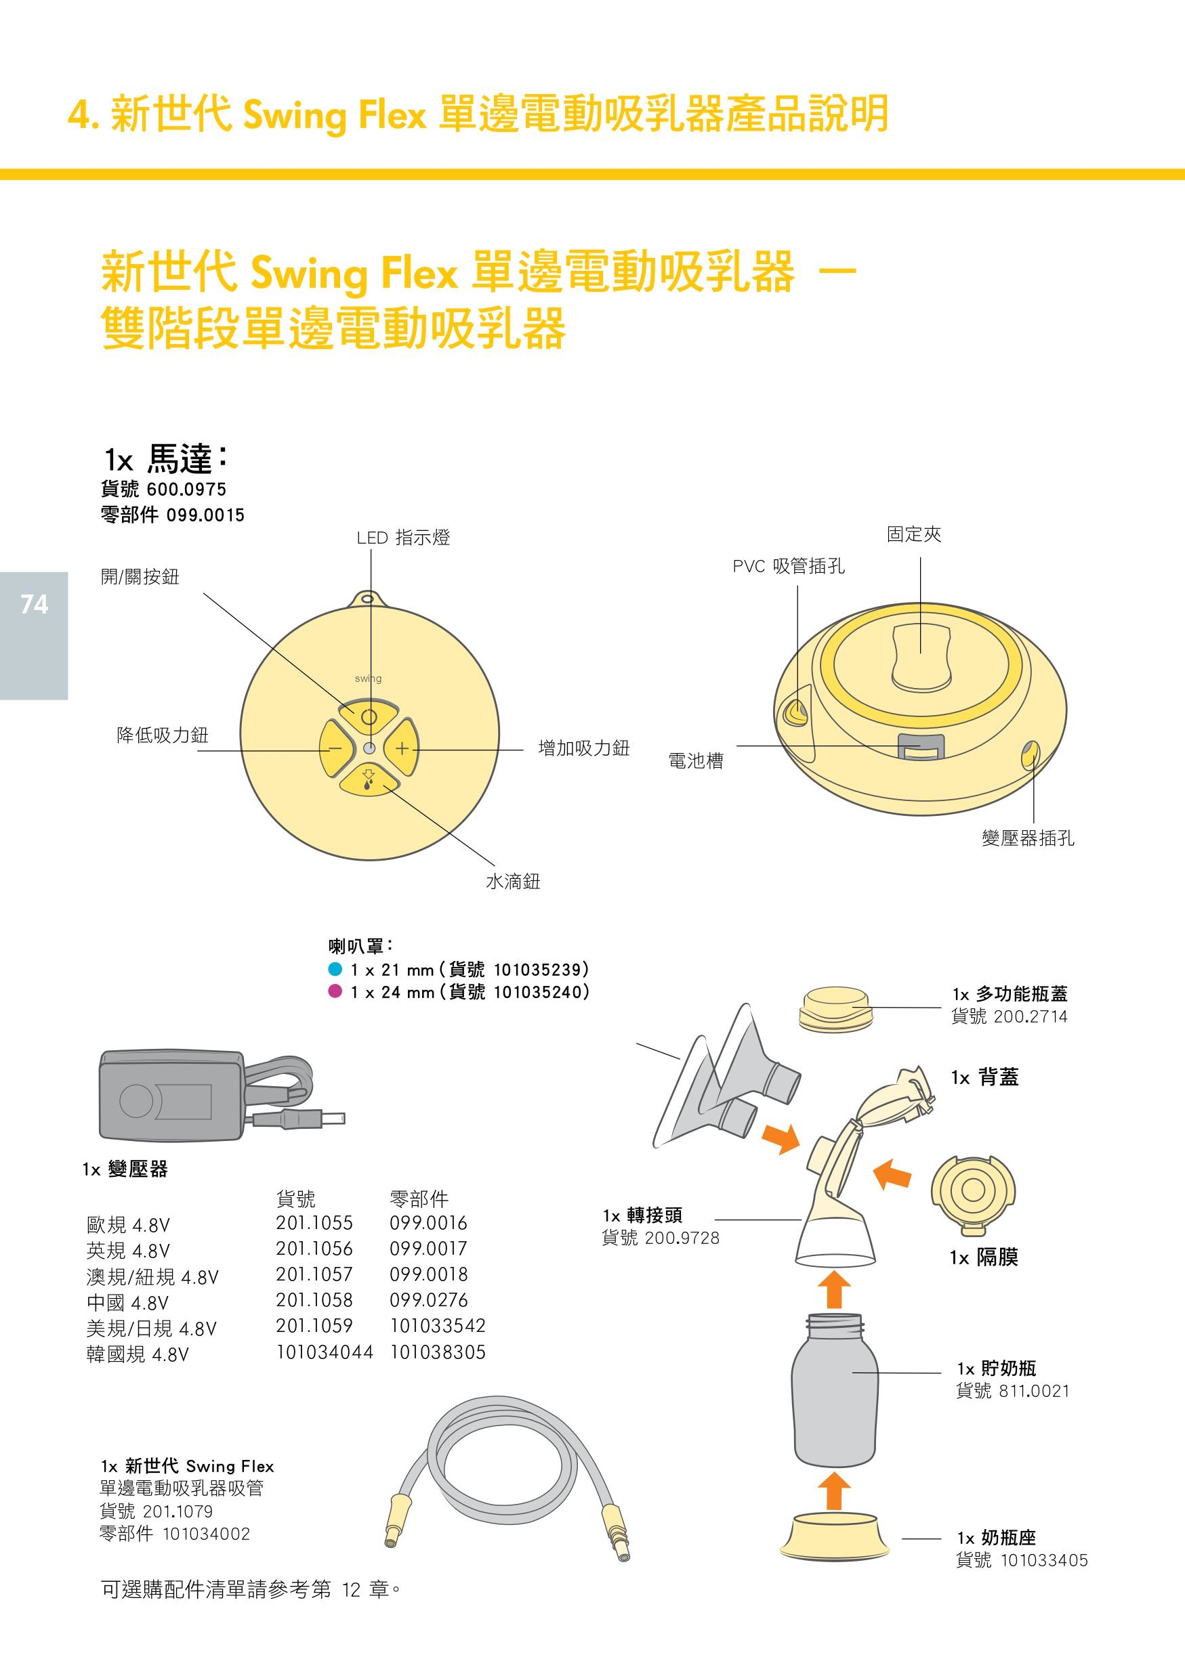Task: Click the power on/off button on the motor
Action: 369,716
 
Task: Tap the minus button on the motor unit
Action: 335,748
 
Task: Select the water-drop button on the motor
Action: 369,782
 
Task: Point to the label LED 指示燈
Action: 402,538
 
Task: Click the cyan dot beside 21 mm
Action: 335,969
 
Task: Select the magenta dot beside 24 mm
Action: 335,991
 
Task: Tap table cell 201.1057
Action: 314,1274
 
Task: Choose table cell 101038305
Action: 438,1352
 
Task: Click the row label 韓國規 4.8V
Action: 138,1354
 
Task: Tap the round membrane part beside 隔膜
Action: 973,1190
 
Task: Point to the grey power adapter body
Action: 171,1096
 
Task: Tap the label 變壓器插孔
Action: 1028,838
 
